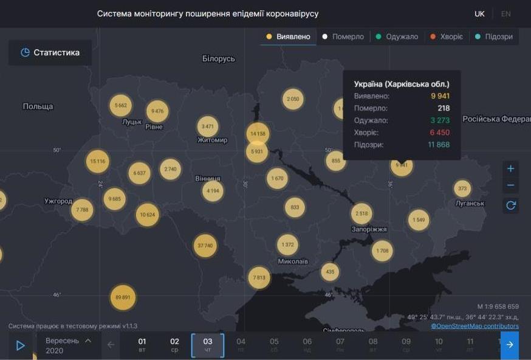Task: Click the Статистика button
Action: (x=50, y=53)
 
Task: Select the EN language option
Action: (x=505, y=14)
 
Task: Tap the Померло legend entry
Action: (x=343, y=36)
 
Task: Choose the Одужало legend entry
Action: (x=397, y=36)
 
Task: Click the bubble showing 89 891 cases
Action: (x=123, y=297)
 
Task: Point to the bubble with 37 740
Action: (x=205, y=246)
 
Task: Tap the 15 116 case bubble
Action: (x=98, y=162)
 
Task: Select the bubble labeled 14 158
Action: (x=257, y=134)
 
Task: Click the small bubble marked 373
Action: (x=462, y=189)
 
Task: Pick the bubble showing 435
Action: (x=329, y=271)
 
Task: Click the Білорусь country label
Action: (x=219, y=59)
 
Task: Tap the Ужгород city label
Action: (x=58, y=201)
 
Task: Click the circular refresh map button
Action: (x=510, y=206)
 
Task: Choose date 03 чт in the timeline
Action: (x=208, y=345)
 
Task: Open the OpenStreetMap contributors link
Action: (x=475, y=327)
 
